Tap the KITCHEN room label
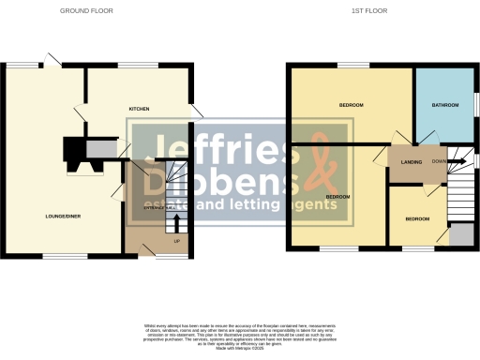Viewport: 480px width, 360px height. [139, 110]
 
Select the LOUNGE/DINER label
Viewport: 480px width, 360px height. [62, 217]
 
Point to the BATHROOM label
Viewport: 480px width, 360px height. [445, 105]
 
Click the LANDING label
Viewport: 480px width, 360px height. [411, 162]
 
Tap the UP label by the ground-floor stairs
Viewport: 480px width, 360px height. [176, 240]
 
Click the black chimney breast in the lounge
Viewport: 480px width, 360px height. [74, 151]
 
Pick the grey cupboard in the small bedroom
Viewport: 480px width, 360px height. [460, 234]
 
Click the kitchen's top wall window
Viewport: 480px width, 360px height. [131, 64]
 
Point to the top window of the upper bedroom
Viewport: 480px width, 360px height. [352, 65]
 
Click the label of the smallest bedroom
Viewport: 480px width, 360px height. [417, 218]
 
